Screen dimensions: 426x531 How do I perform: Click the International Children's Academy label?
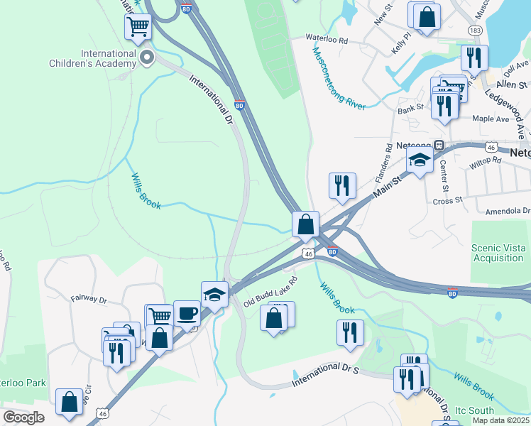click(x=108, y=58)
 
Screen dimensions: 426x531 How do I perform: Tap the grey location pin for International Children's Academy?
click(x=147, y=57)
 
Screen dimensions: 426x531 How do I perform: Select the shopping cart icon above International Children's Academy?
click(x=138, y=28)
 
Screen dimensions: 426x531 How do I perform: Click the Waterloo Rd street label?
click(x=327, y=40)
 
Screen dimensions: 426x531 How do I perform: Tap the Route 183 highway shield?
click(x=476, y=31)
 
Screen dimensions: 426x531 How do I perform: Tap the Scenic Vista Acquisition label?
click(x=498, y=253)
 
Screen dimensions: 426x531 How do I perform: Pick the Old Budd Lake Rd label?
click(x=270, y=291)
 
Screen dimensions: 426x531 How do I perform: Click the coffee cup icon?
click(x=187, y=312)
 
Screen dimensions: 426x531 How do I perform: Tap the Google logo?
click(x=23, y=417)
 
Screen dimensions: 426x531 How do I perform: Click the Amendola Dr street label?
click(x=507, y=212)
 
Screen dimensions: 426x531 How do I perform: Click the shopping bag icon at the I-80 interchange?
click(x=305, y=224)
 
